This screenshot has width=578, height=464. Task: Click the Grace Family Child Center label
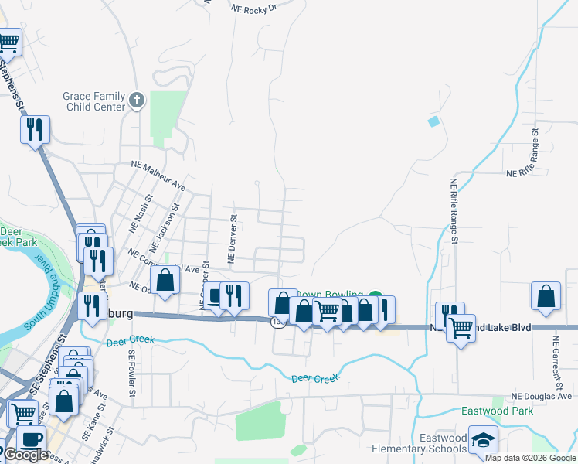tap(93, 101)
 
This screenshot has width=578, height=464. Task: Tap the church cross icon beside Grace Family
tap(137, 101)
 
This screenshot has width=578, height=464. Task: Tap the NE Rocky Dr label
tap(254, 8)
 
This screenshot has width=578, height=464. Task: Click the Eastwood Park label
tap(497, 411)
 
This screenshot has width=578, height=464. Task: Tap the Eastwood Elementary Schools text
tap(420, 443)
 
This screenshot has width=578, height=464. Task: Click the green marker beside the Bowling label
tap(375, 295)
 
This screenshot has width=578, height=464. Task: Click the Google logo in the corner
tap(26, 455)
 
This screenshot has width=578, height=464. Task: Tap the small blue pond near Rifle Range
tap(433, 121)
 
